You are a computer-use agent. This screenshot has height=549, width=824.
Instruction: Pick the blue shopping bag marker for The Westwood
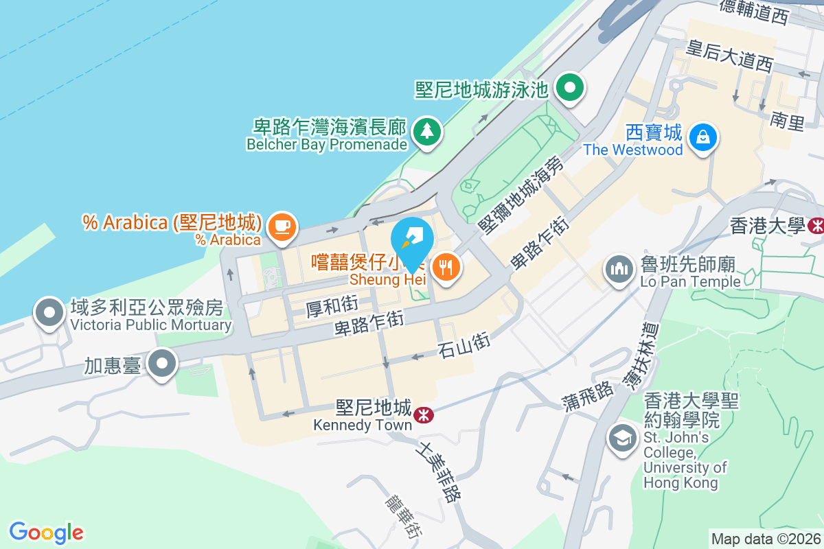coord(703,136)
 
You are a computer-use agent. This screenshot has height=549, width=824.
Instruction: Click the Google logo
coord(46,533)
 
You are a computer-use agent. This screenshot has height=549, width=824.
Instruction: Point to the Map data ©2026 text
coord(766,539)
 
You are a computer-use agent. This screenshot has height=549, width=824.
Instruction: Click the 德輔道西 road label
coord(754,12)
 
